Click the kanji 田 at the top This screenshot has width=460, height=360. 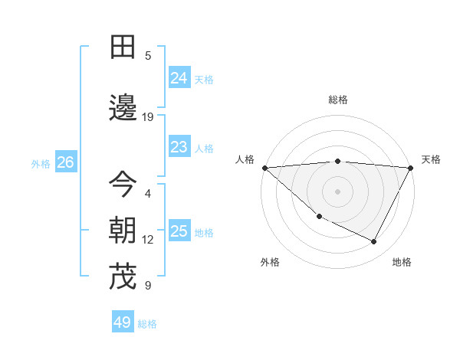pyautogui.click(x=123, y=47)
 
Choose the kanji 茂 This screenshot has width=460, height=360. pyautogui.click(x=123, y=277)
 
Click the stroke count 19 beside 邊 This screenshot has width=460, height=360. pyautogui.click(x=148, y=117)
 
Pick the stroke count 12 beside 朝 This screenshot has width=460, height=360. pyautogui.click(x=148, y=240)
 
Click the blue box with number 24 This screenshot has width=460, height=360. pyautogui.click(x=179, y=78)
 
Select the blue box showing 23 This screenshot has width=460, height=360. pyautogui.click(x=179, y=147)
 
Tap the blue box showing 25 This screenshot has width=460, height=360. pyautogui.click(x=179, y=231)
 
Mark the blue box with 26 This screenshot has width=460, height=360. pyautogui.click(x=65, y=162)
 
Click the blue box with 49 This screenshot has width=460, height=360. pyautogui.click(x=122, y=322)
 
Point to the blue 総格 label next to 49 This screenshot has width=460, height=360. pyautogui.click(x=147, y=324)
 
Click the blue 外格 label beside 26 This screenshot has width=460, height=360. pyautogui.click(x=41, y=164)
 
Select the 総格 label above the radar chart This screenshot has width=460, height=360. pyautogui.click(x=337, y=100)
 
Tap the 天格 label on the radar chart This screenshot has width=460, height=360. pyautogui.click(x=431, y=159)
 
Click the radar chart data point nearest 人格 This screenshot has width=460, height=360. pyautogui.click(x=264, y=167)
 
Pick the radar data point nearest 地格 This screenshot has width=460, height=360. pyautogui.click(x=374, y=242)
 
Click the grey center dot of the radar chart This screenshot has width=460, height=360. pyautogui.click(x=337, y=191)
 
